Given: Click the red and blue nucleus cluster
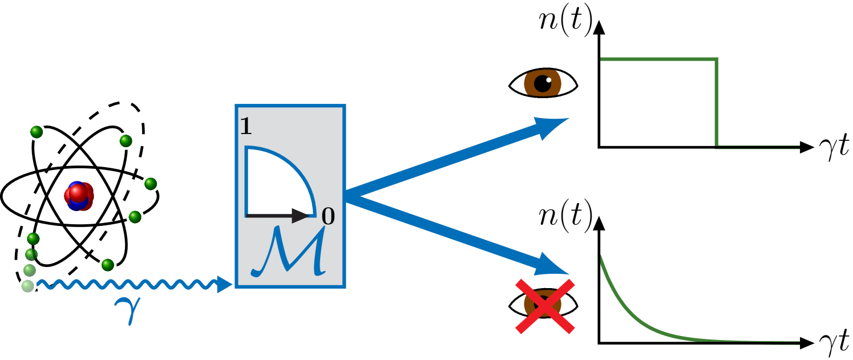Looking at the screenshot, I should point(79,196).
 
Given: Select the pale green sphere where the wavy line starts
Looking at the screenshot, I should point(27,286).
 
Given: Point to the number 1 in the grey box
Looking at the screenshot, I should point(245,127).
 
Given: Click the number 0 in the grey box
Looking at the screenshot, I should point(328,217).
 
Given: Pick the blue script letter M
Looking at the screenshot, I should point(289,253).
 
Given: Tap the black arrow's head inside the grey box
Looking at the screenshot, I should point(301,216).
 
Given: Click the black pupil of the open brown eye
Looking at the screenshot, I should point(542,84).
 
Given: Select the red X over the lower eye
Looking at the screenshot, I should point(545,306).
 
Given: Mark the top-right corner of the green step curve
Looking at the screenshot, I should point(716,59).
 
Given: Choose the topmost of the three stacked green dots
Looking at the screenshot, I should point(33,238).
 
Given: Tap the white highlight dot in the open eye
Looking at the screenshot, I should point(549,80).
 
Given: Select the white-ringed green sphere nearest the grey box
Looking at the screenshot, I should point(150,184).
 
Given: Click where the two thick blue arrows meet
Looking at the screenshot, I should point(348,196).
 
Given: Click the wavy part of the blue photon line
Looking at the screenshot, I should point(126,284).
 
